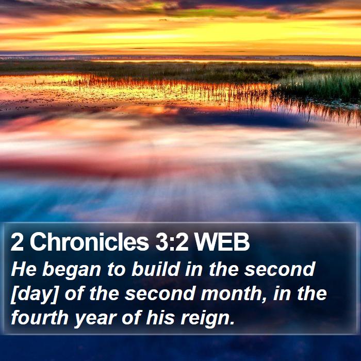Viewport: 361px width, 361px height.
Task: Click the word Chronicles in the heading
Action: pos(89,242)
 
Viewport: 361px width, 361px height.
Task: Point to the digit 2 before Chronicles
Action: pos(17,242)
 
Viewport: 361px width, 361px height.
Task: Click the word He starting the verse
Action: pos(24,269)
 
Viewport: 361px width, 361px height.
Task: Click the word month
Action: pos(232,293)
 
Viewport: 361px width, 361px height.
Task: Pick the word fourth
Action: pos(40,318)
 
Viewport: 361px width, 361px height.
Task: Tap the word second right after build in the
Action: pos(280,269)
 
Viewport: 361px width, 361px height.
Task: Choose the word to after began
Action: pos(117,269)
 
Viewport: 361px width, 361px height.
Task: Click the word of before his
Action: pos(131,318)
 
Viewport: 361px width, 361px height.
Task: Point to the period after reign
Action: pos(232,323)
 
